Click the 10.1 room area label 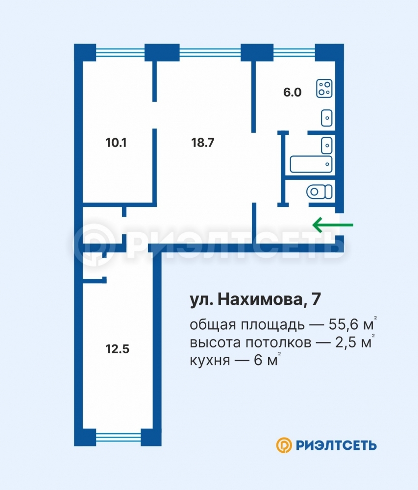click(116, 143)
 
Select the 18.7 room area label click(203, 143)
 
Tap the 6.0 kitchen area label click(293, 92)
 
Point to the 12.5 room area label click(118, 349)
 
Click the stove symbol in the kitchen click(324, 88)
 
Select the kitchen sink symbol click(327, 118)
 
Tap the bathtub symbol click(311, 164)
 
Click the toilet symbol click(320, 192)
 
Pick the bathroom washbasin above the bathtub click(327, 146)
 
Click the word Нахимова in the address click(260, 299)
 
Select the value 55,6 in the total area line click(343, 325)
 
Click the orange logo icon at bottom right click(284, 445)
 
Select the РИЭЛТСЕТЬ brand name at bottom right click(336, 445)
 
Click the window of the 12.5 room click(119, 437)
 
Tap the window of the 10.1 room click(120, 52)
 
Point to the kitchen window click(294, 52)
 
